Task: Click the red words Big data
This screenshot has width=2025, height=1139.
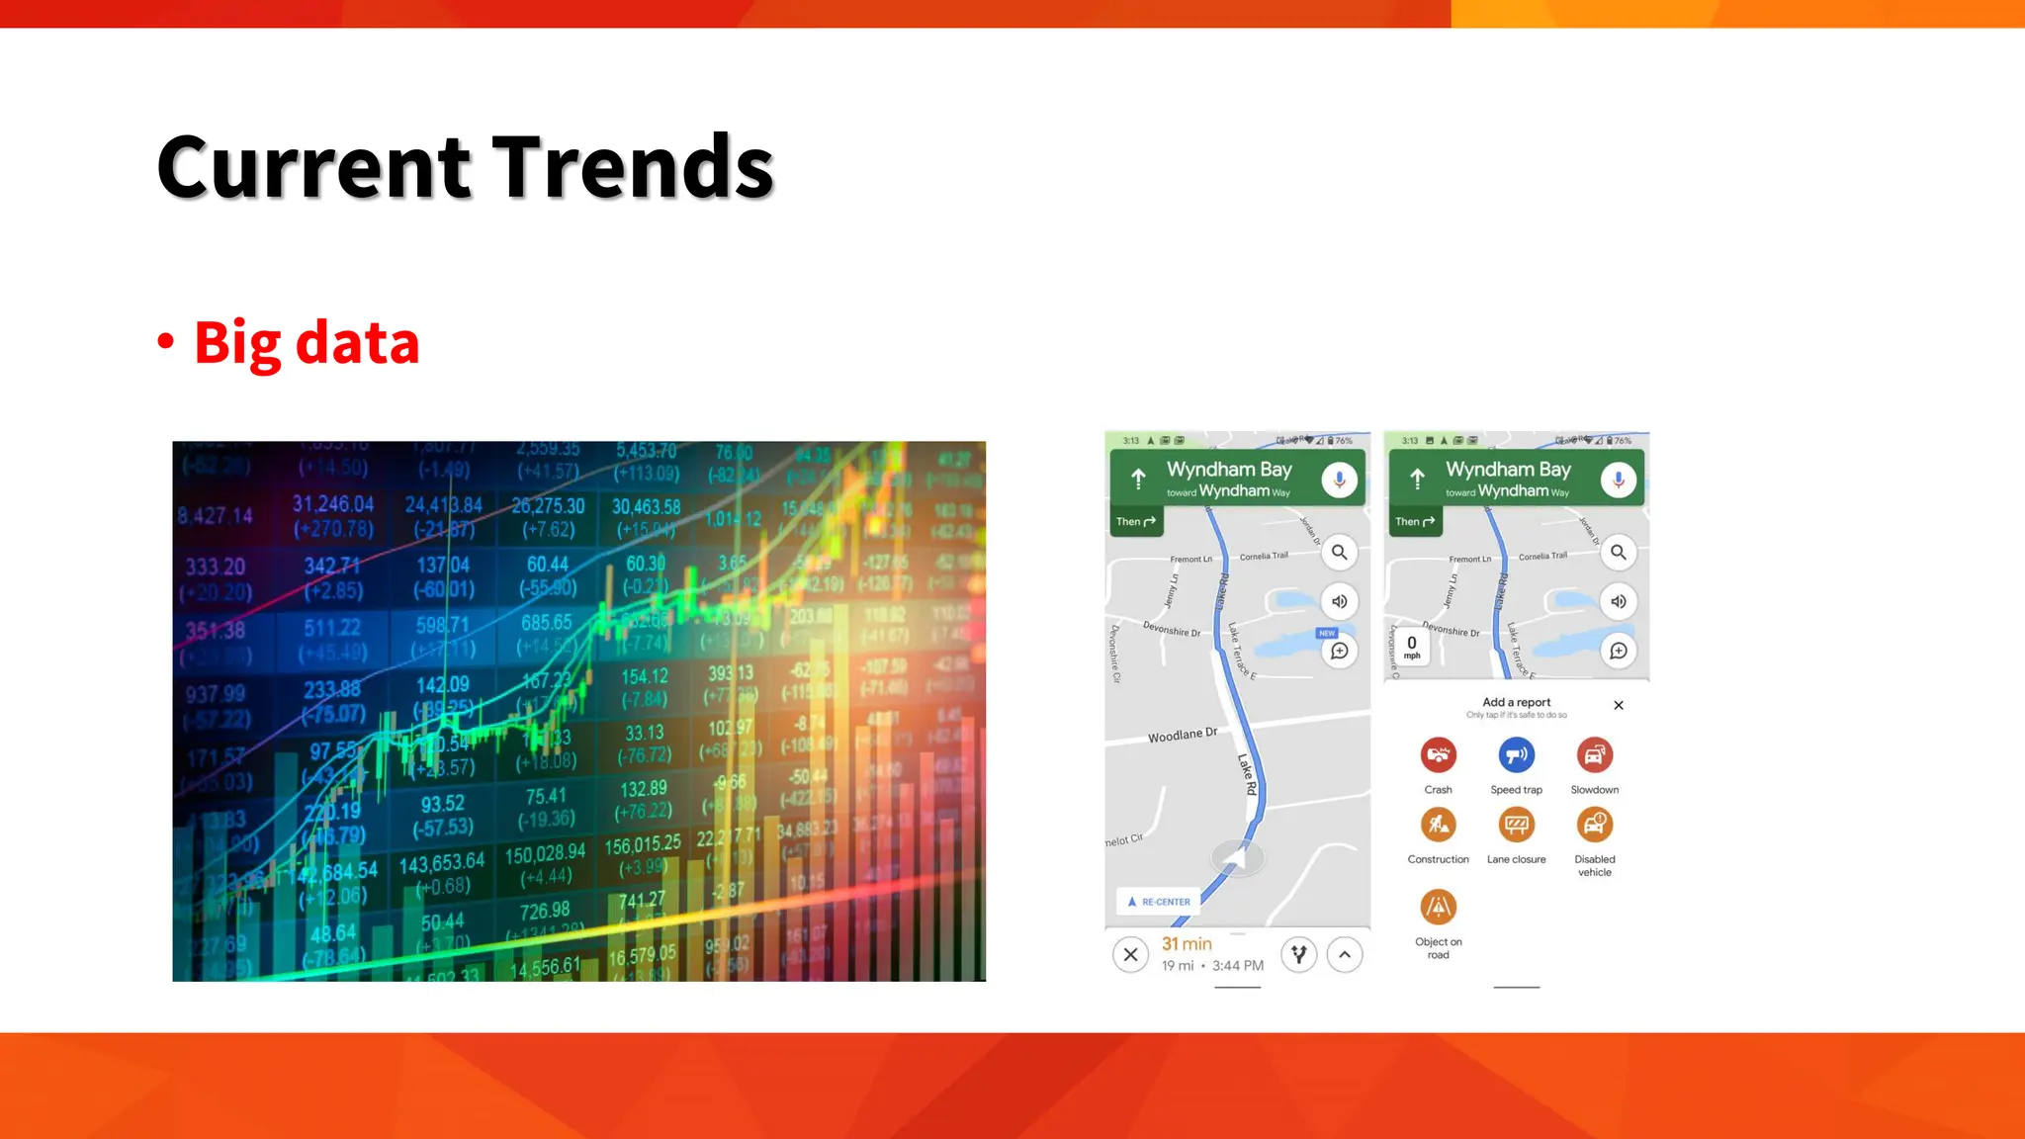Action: (x=307, y=342)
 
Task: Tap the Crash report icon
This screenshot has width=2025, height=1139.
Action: (x=1438, y=755)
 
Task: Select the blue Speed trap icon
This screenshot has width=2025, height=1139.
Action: (x=1516, y=755)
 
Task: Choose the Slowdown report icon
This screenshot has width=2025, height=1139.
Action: (x=1594, y=755)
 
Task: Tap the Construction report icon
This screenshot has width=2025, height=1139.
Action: (x=1438, y=825)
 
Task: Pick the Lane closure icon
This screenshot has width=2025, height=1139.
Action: (x=1516, y=825)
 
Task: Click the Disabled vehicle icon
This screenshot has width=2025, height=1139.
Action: (x=1594, y=825)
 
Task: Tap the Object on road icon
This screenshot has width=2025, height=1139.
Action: (x=1438, y=907)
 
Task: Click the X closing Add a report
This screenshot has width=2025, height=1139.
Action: (x=1619, y=705)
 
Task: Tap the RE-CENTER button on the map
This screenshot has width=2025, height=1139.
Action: (x=1159, y=902)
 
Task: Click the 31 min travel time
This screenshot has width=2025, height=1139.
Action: (x=1187, y=944)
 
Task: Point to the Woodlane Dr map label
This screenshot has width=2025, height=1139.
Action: (x=1182, y=736)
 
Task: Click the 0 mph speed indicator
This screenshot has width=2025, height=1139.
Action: (x=1412, y=647)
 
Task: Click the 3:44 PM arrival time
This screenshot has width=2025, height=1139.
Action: (x=1238, y=966)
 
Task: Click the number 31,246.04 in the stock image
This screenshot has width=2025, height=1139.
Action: (x=333, y=504)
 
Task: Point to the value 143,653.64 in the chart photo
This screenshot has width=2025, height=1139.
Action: (x=442, y=863)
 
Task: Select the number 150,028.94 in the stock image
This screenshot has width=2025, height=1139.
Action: (x=545, y=853)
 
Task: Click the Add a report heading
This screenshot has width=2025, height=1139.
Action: (x=1516, y=702)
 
